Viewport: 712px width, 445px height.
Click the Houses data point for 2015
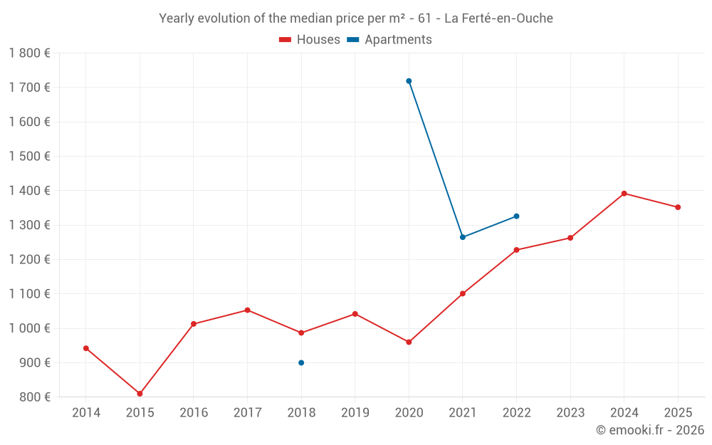pyautogui.click(x=140, y=394)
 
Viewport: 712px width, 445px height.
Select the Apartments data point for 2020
pyautogui.click(x=409, y=81)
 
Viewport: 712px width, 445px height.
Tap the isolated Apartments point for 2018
pyautogui.click(x=301, y=363)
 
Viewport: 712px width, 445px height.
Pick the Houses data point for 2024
pyautogui.click(x=624, y=194)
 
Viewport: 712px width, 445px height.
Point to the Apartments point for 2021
pyautogui.click(x=463, y=237)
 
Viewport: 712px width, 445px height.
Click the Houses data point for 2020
pyautogui.click(x=409, y=342)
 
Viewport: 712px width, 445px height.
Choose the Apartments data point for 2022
pyautogui.click(x=516, y=216)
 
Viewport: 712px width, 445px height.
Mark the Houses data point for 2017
pyautogui.click(x=247, y=310)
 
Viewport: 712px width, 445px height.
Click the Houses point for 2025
pyautogui.click(x=678, y=207)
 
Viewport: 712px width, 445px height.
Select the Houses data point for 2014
pyautogui.click(x=86, y=348)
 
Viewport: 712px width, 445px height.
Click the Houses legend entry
pyautogui.click(x=310, y=40)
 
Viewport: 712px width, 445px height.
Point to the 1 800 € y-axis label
pyautogui.click(x=29, y=53)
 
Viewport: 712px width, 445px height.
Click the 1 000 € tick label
pyautogui.click(x=29, y=328)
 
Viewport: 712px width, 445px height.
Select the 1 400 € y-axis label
pyautogui.click(x=29, y=191)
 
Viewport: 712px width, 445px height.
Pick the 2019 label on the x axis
pyautogui.click(x=355, y=413)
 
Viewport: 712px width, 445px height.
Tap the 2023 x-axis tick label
pyautogui.click(x=570, y=413)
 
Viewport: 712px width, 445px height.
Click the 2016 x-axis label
pyautogui.click(x=194, y=413)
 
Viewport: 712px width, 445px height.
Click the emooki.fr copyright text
pyautogui.click(x=649, y=430)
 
